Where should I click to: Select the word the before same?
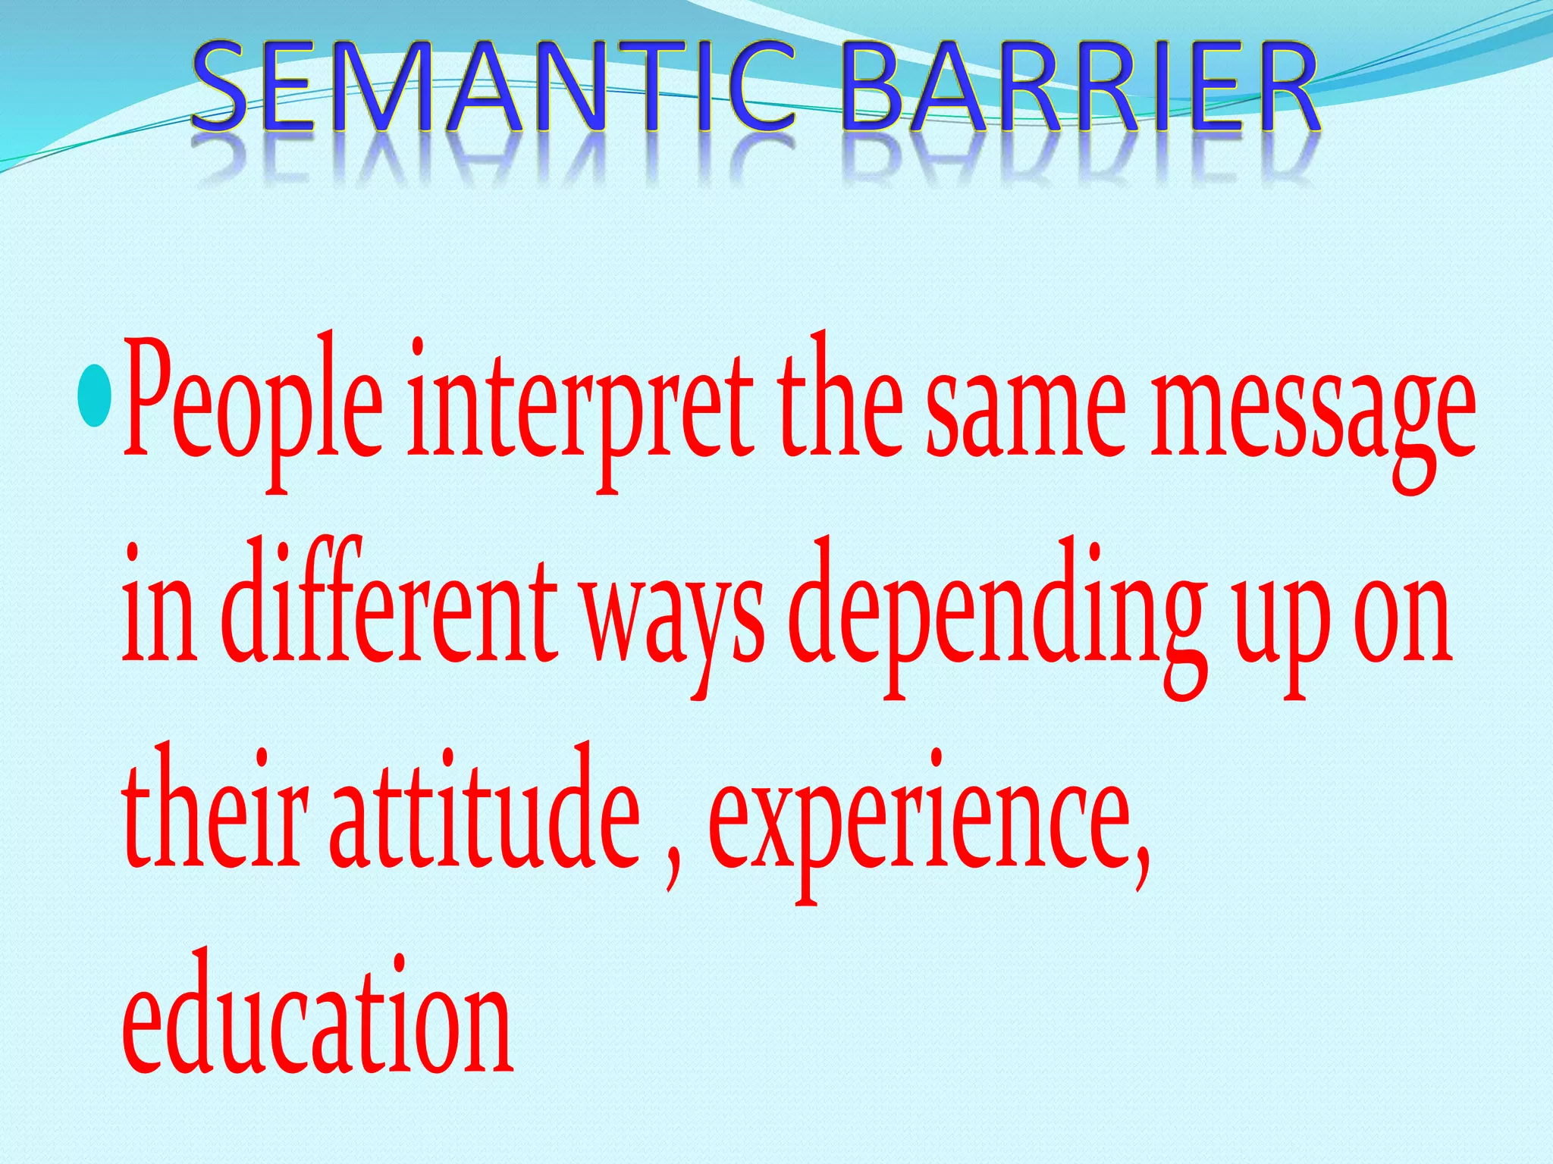click(x=842, y=402)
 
